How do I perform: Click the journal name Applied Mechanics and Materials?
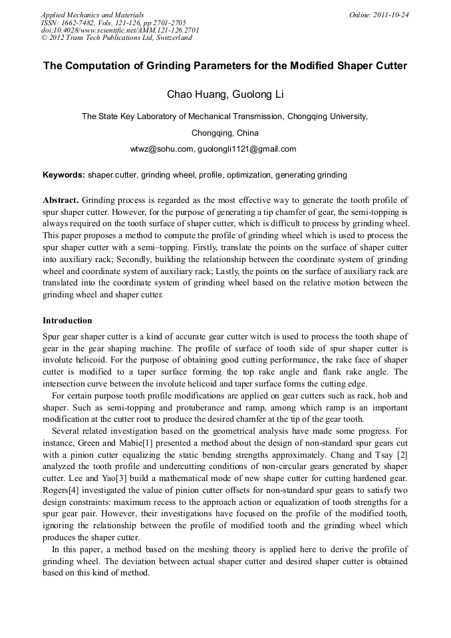click(93, 14)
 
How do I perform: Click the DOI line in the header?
click(120, 30)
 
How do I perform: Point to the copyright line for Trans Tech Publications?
click(116, 38)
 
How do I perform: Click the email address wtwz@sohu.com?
click(162, 149)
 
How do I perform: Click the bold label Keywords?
click(64, 175)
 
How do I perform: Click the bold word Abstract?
click(61, 200)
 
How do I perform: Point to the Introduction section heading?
click(67, 320)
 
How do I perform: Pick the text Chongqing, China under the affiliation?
click(225, 132)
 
